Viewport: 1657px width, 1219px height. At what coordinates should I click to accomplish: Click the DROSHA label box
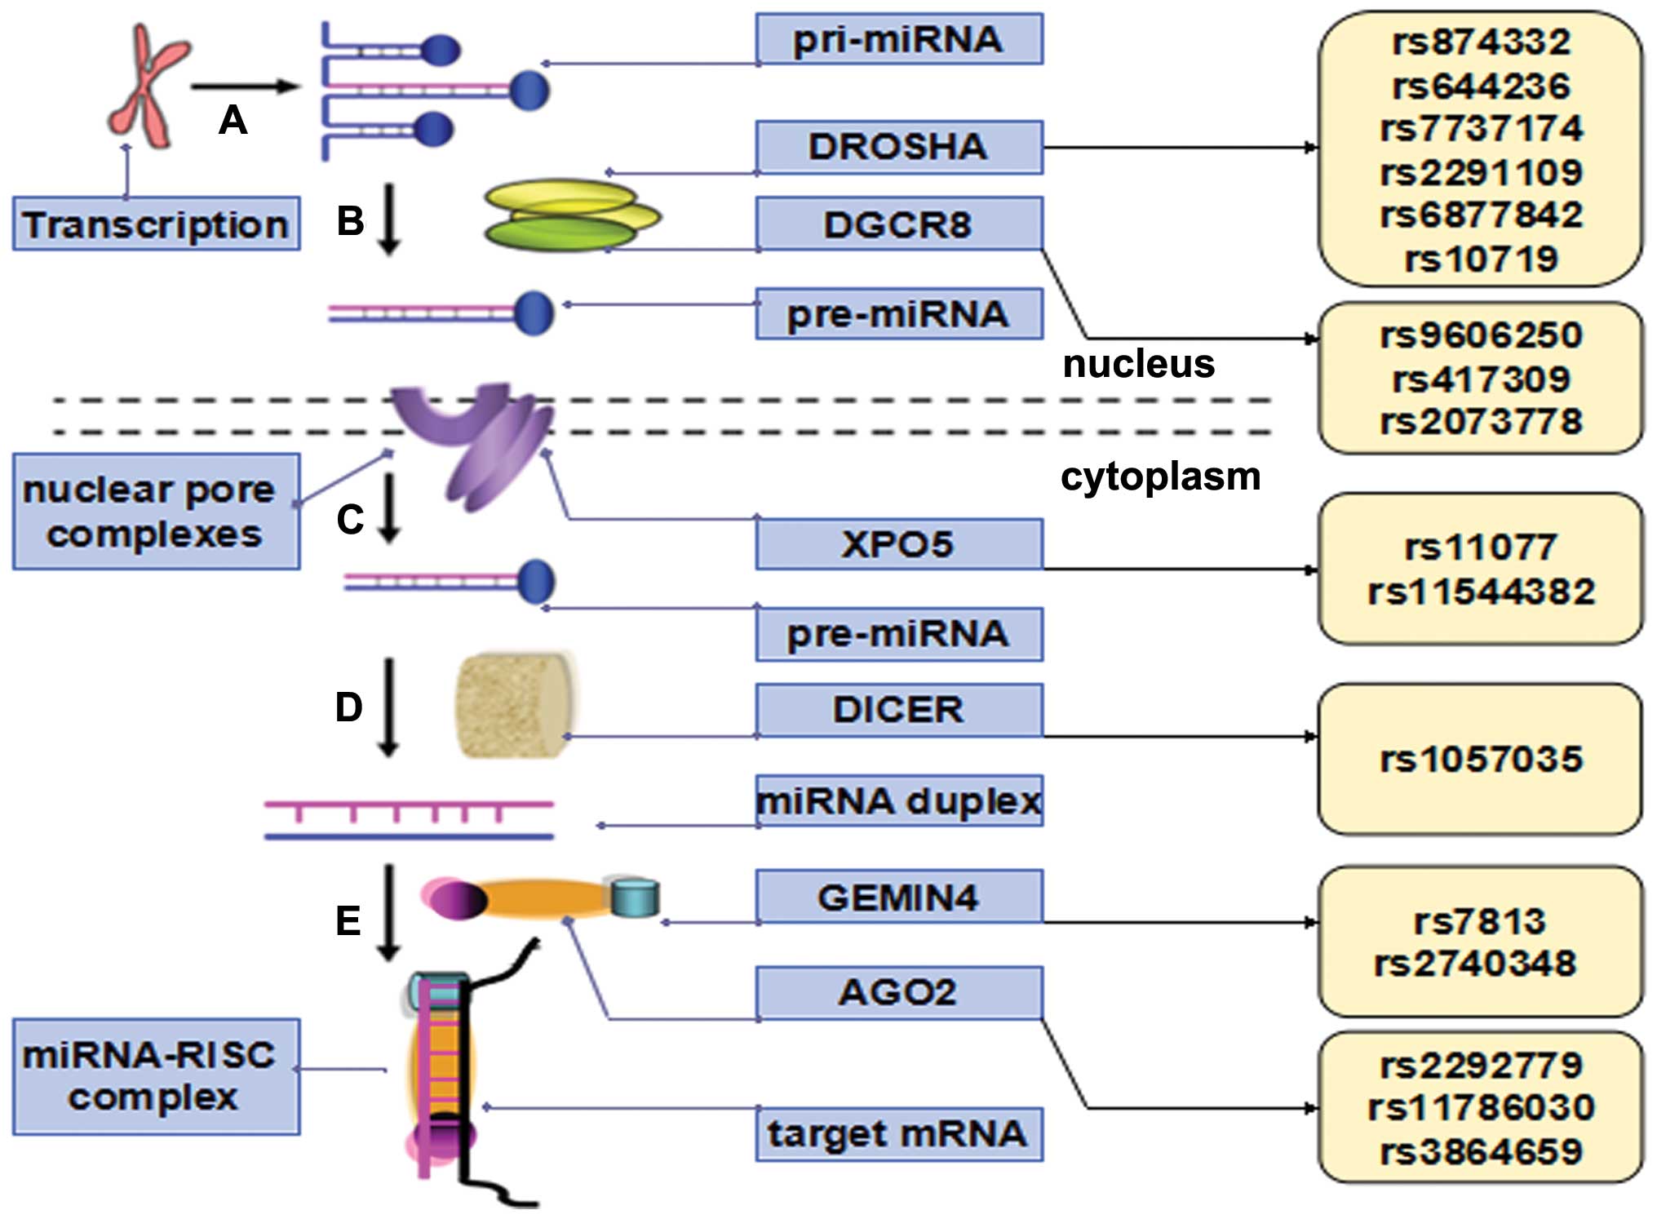point(898,147)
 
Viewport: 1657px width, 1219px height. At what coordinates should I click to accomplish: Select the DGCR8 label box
point(898,224)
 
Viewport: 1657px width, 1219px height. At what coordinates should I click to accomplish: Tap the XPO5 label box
point(898,543)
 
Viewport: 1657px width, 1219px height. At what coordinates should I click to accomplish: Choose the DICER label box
point(898,709)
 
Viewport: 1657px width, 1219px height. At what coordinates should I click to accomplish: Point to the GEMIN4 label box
point(898,897)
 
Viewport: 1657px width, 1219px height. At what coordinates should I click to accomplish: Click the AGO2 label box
point(898,992)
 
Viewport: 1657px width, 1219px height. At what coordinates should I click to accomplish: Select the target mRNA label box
point(898,1133)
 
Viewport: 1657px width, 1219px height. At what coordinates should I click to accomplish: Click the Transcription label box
point(156,224)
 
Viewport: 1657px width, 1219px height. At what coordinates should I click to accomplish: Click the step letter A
point(233,121)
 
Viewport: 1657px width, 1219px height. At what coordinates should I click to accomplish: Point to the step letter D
point(349,707)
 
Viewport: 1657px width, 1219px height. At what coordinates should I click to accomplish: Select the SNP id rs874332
point(1481,42)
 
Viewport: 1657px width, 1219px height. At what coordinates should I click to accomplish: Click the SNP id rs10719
point(1481,259)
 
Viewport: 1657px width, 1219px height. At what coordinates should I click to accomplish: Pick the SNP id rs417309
point(1481,379)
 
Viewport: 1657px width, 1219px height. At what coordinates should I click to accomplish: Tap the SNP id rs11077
point(1481,547)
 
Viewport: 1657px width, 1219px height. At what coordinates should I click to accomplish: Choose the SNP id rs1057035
point(1481,759)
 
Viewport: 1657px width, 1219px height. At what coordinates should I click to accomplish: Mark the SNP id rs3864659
point(1481,1151)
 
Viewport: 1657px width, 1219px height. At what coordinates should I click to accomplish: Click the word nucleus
point(1139,363)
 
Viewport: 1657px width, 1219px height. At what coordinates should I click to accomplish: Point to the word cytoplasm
point(1160,476)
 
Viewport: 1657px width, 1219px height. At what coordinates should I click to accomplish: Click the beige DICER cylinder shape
point(514,705)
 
